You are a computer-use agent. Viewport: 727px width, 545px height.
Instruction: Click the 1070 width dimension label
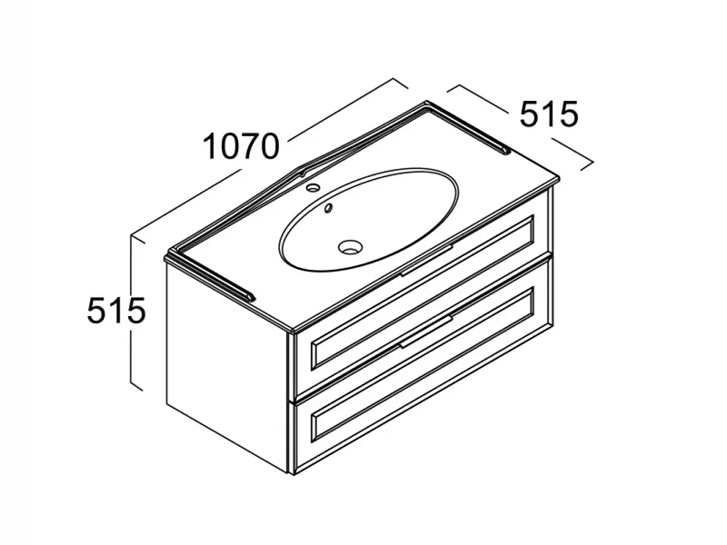click(242, 145)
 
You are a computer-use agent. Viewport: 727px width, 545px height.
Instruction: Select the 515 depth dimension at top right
click(550, 114)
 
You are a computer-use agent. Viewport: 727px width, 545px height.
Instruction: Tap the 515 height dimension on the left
click(116, 310)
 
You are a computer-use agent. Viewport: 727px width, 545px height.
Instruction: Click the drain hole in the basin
click(350, 246)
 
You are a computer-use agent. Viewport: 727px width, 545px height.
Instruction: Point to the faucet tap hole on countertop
click(314, 188)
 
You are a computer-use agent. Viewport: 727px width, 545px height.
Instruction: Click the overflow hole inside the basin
click(328, 208)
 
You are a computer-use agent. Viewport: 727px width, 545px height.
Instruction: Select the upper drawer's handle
click(426, 261)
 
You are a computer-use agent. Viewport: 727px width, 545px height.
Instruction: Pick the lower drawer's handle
click(426, 332)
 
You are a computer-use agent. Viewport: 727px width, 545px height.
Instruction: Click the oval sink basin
click(369, 219)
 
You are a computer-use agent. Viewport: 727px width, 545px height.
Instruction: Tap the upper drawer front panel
click(423, 293)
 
